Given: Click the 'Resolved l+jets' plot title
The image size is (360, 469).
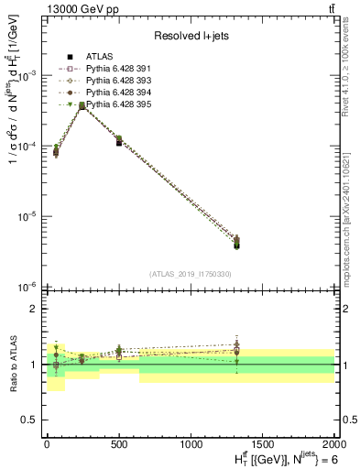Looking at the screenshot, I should [190, 37].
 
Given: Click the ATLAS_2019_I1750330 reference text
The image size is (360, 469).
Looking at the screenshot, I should [190, 274].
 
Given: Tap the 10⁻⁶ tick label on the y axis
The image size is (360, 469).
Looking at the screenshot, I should [27, 288].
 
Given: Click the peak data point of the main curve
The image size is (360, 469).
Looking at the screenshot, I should [82, 106].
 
